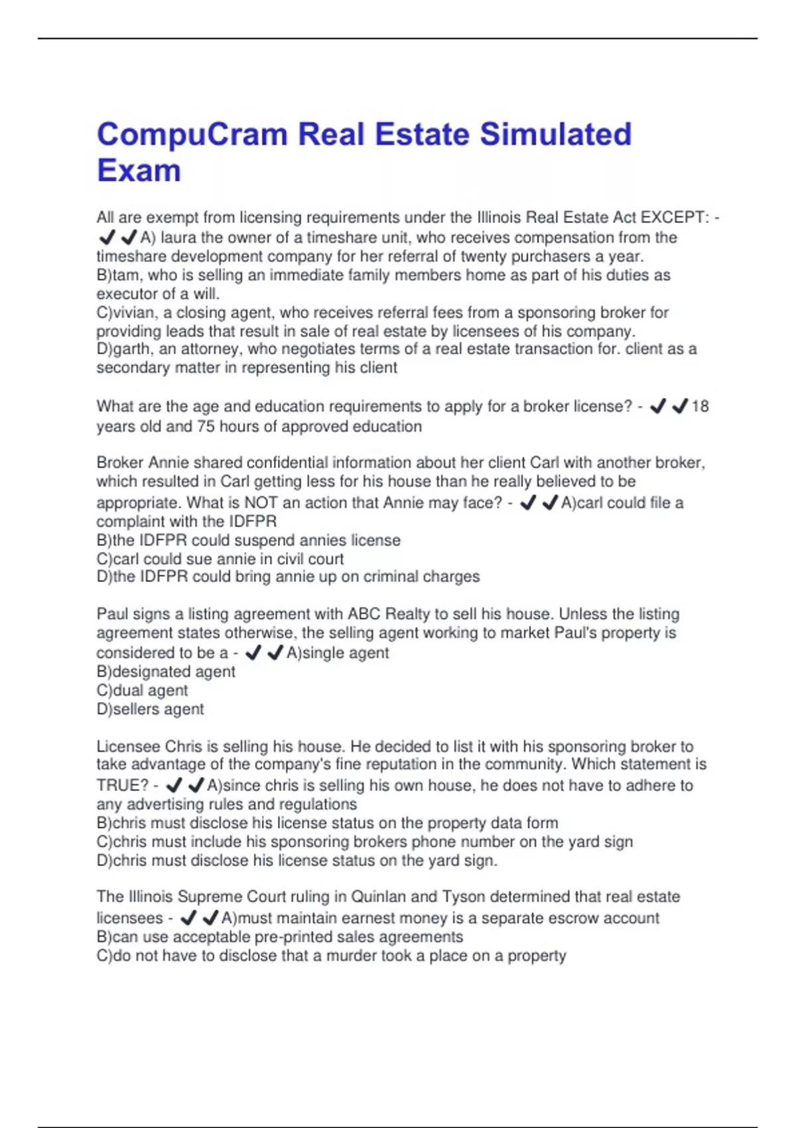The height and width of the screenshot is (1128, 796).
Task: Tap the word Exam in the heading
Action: tap(139, 171)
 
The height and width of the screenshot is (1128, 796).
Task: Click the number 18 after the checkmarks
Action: tap(700, 406)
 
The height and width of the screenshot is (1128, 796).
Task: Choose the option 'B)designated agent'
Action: tap(166, 671)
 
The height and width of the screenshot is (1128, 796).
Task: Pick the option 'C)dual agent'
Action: tap(142, 690)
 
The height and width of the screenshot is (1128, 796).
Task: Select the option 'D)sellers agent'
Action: tap(150, 709)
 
